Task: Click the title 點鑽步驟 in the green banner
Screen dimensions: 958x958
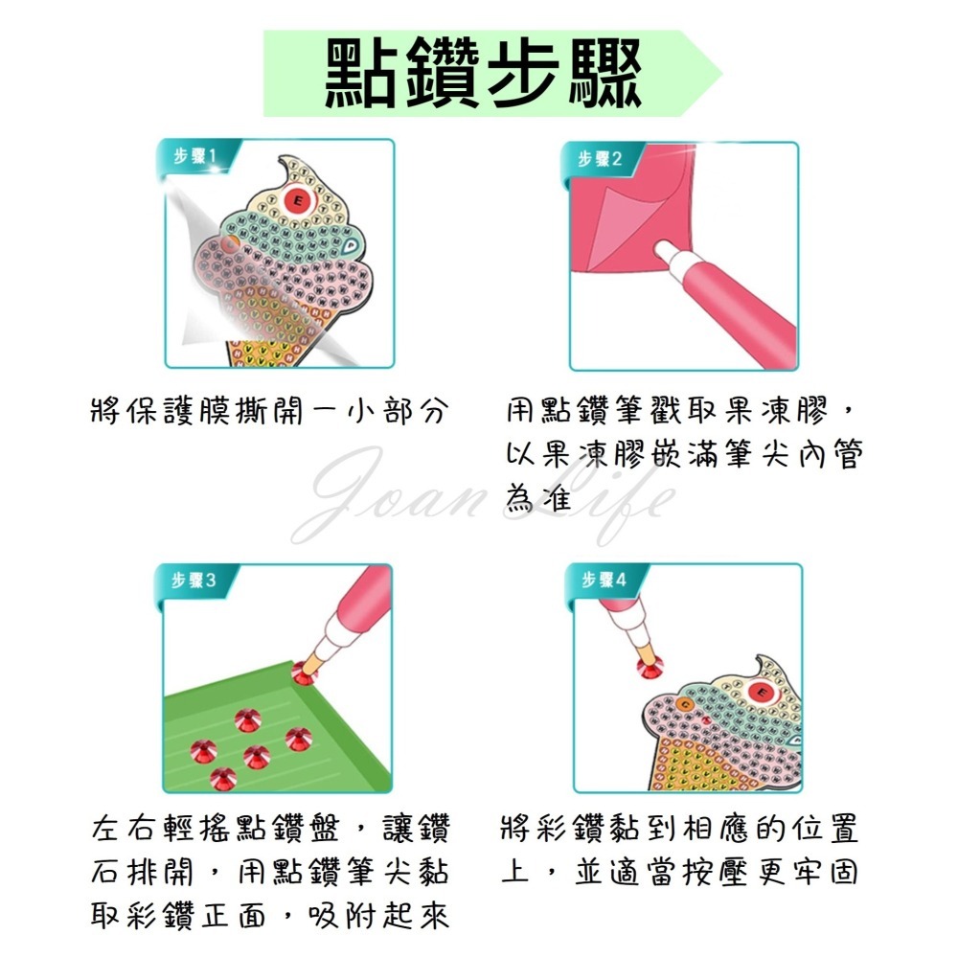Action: [x=482, y=74]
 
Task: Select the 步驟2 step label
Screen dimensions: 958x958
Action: [x=600, y=157]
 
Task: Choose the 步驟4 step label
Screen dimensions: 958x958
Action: [x=600, y=580]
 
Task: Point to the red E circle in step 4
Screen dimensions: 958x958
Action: [x=764, y=690]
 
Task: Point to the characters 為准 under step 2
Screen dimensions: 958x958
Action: [x=538, y=499]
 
